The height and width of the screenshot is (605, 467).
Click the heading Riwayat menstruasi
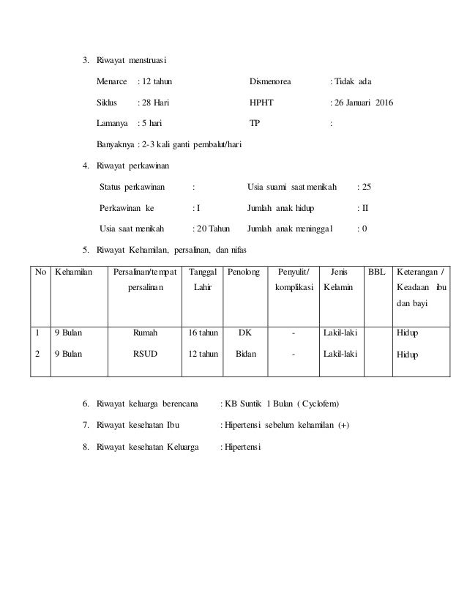pos(135,59)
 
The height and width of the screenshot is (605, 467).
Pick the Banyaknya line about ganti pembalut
pos(170,144)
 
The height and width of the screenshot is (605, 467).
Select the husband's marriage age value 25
pos(364,187)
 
